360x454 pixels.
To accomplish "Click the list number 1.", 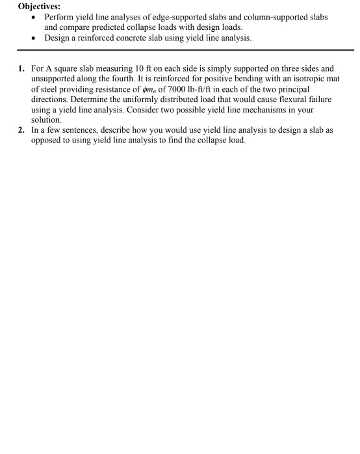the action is pos(21,68).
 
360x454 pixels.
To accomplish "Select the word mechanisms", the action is pos(241,110).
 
